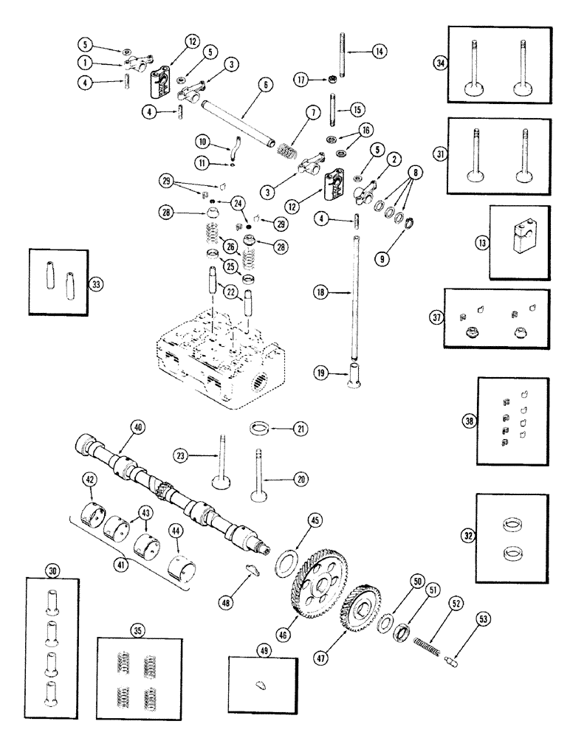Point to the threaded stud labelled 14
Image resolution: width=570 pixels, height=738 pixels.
[x=343, y=52]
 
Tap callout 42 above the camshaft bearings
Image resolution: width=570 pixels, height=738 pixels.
[x=89, y=480]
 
